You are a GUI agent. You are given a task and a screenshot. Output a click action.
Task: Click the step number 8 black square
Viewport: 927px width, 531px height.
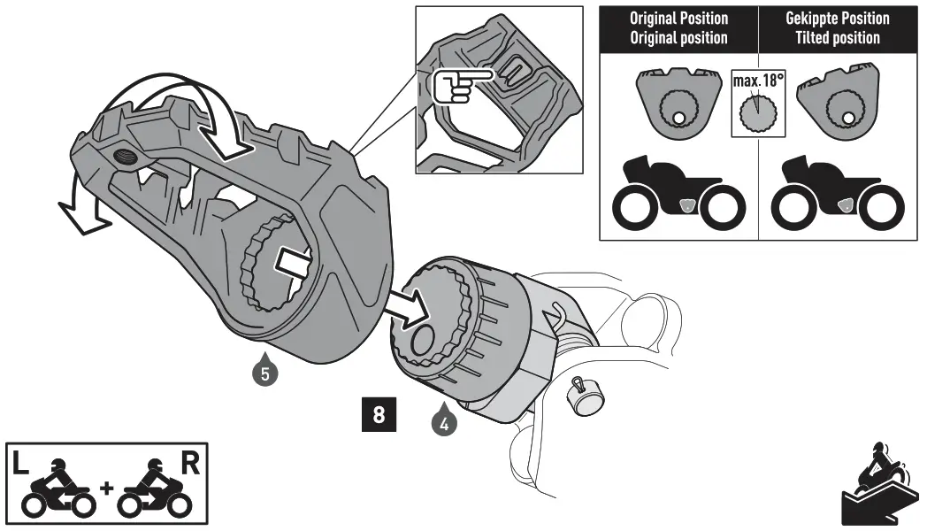pos(379,415)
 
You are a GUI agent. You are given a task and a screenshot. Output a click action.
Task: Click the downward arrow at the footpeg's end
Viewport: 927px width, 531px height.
pos(80,212)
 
